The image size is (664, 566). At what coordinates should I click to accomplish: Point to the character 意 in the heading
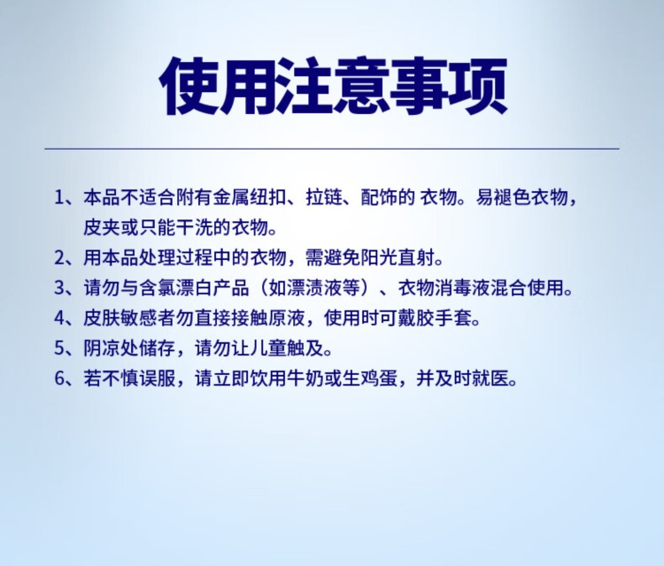(362, 86)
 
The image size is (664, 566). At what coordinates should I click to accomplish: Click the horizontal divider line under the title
(332, 149)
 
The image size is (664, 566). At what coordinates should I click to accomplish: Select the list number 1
(58, 197)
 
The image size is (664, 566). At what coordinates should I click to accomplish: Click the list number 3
(59, 288)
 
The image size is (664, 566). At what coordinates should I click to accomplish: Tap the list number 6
(59, 379)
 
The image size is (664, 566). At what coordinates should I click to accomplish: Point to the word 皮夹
(102, 227)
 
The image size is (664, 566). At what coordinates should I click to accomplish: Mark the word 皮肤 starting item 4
(102, 318)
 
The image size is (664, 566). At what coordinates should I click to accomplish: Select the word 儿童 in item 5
(268, 348)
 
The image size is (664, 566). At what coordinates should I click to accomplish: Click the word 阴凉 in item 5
(102, 348)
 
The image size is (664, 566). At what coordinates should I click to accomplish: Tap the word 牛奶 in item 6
(305, 379)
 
